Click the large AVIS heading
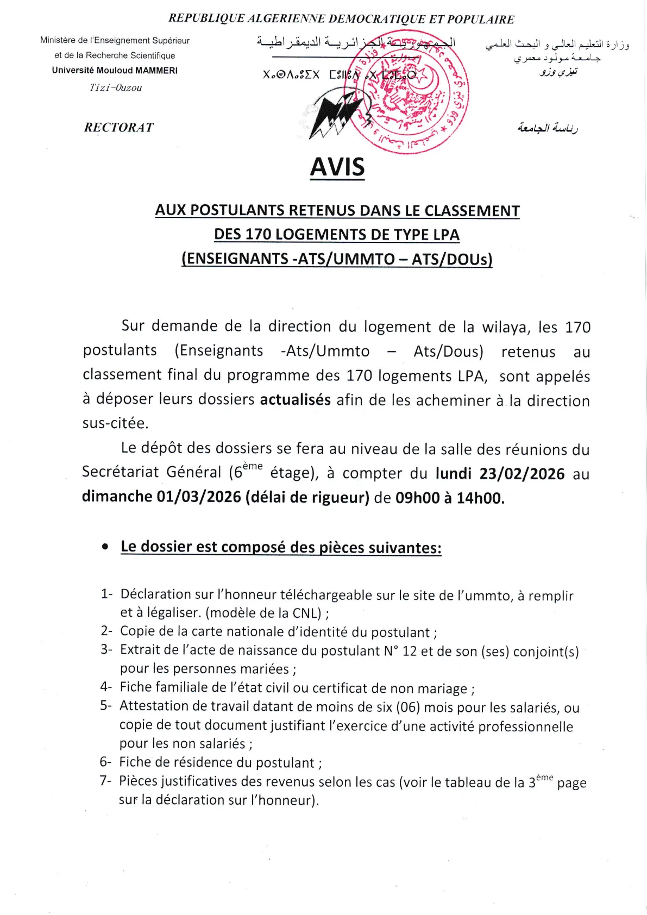[x=337, y=167]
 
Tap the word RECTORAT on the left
[x=119, y=127]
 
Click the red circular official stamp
[x=408, y=92]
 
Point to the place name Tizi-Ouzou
[x=116, y=87]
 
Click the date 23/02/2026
[x=522, y=474]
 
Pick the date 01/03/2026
[x=199, y=497]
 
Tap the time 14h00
[x=480, y=498]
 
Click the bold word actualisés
[x=295, y=400]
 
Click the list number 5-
[x=106, y=705]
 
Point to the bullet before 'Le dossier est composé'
[x=105, y=547]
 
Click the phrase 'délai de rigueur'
[x=307, y=497]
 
